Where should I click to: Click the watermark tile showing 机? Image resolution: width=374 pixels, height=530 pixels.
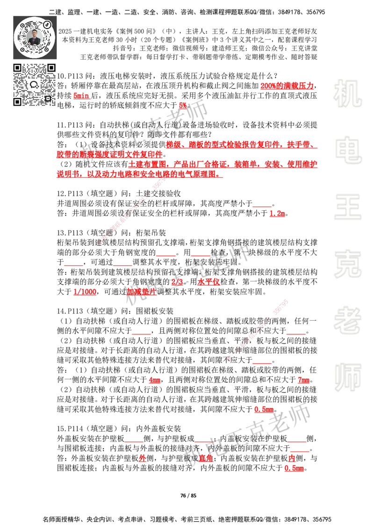(347, 94)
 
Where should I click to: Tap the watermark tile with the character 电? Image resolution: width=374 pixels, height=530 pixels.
(349, 150)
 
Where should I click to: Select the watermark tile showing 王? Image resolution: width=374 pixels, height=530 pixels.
(347, 208)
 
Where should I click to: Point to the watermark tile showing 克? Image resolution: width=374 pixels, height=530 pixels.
(347, 264)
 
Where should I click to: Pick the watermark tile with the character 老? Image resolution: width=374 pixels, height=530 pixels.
(347, 320)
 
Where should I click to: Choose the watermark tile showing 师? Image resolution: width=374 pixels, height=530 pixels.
(347, 378)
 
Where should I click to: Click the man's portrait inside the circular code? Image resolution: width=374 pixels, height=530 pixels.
(35, 37)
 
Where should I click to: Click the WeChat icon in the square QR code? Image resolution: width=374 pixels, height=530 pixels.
(34, 85)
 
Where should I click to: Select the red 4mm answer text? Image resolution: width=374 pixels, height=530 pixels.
(154, 381)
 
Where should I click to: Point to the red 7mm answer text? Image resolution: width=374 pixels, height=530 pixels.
(303, 381)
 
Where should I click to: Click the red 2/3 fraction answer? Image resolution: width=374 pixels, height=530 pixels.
(177, 282)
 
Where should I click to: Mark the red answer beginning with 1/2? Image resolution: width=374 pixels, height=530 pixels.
(84, 292)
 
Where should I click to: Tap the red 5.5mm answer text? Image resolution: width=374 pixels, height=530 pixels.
(263, 410)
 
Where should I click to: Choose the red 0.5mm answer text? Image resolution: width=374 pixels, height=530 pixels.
(295, 468)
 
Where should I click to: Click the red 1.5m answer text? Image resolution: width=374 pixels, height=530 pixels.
(277, 213)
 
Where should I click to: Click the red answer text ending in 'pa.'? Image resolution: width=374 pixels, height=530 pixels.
(81, 96)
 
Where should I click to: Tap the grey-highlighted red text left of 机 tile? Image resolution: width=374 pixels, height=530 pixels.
(287, 86)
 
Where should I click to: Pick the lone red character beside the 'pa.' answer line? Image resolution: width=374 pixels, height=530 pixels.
(182, 105)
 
